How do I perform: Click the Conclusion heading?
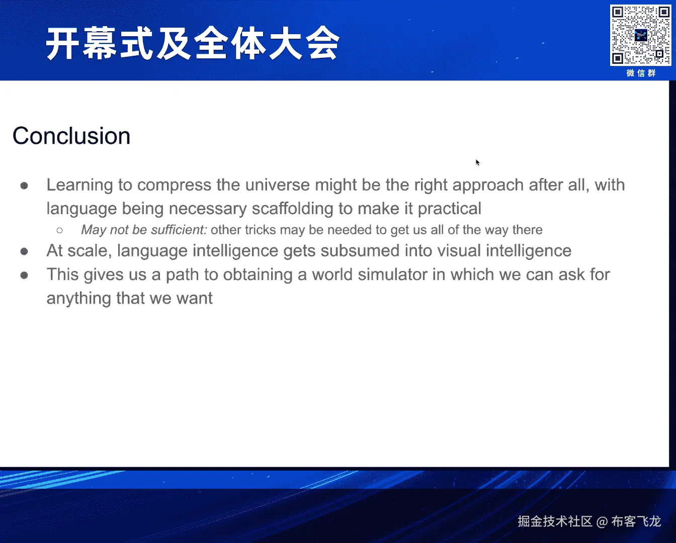(71, 136)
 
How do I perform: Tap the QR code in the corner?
(640, 35)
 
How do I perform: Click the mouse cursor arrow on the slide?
(477, 162)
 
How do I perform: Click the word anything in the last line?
(79, 299)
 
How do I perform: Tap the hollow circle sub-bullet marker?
(60, 231)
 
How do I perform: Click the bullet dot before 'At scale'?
(24, 251)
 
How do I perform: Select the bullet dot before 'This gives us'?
(24, 276)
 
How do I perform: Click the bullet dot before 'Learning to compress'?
(24, 186)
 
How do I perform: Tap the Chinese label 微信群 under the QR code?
(641, 73)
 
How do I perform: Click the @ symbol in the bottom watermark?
(602, 522)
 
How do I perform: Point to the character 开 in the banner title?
(62, 43)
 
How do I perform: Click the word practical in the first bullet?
(449, 209)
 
